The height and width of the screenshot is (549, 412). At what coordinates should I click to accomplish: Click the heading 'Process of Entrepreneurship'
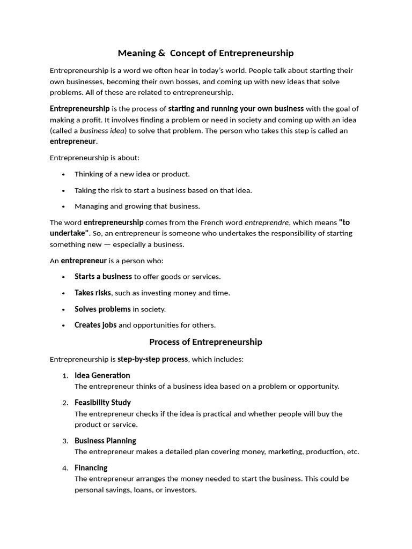tap(205, 342)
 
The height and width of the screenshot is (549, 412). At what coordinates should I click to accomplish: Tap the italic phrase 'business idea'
tap(101, 131)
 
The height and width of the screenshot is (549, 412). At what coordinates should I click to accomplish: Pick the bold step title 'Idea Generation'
tap(102, 375)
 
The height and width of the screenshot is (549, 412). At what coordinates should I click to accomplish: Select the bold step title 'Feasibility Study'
tap(102, 403)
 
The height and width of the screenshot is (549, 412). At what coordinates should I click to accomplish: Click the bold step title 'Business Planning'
tap(105, 441)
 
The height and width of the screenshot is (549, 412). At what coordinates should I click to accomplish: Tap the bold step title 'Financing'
tap(91, 468)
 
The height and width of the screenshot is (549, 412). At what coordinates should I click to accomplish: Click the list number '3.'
tap(65, 441)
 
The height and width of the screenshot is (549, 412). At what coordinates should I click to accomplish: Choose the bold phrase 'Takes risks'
tap(93, 293)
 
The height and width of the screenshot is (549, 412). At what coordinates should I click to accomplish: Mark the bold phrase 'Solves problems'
tap(102, 309)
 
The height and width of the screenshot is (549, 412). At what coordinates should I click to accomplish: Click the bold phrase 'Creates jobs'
tap(95, 325)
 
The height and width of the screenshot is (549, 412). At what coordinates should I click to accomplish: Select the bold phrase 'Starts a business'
tap(103, 277)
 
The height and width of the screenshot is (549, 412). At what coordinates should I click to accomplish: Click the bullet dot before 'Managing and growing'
tap(64, 206)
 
